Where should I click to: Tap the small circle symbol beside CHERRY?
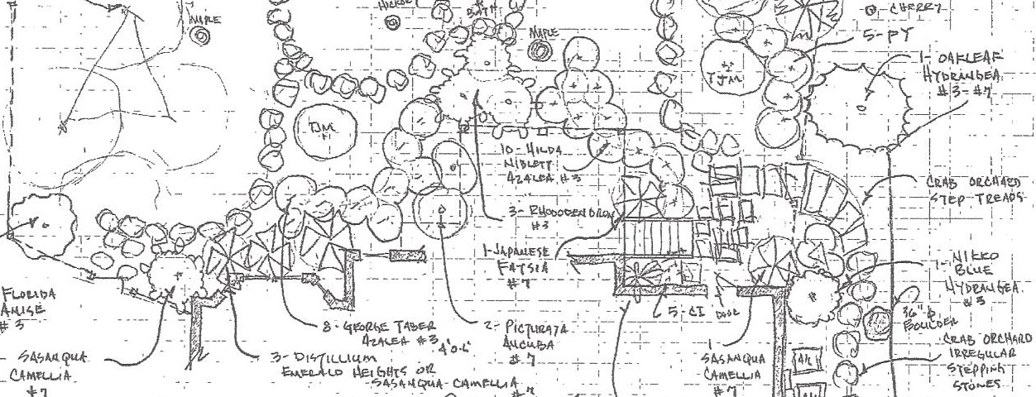tap(871, 10)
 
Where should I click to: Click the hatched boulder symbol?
tap(877, 318)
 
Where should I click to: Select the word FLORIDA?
tap(31, 294)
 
